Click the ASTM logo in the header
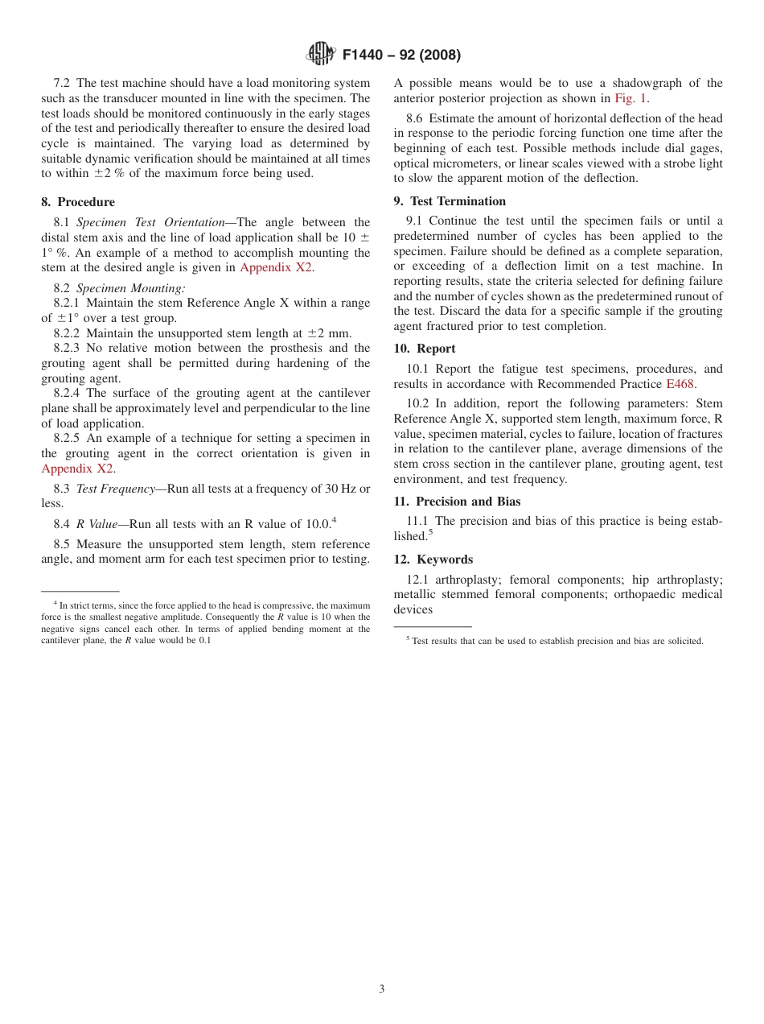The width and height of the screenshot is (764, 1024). click(x=320, y=54)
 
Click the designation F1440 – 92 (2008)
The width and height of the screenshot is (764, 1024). click(x=401, y=55)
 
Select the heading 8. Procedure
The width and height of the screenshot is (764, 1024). click(x=78, y=202)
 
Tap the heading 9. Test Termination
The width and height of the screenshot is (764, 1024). click(x=450, y=201)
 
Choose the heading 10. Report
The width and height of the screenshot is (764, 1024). click(x=425, y=349)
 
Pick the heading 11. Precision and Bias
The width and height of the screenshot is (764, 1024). click(x=457, y=502)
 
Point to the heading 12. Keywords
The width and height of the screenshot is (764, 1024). click(x=433, y=559)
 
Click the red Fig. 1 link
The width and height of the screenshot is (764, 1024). click(x=631, y=98)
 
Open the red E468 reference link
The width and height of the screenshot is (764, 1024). click(x=680, y=384)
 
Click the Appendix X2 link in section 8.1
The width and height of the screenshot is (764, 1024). click(x=276, y=267)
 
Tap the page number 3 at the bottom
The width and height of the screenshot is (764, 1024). click(x=382, y=989)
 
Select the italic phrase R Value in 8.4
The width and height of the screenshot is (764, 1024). click(x=97, y=524)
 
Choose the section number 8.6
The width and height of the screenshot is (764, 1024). click(x=414, y=118)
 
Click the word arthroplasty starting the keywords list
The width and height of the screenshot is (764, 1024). click(x=466, y=580)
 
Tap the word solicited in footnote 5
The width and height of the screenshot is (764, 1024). click(x=683, y=642)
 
